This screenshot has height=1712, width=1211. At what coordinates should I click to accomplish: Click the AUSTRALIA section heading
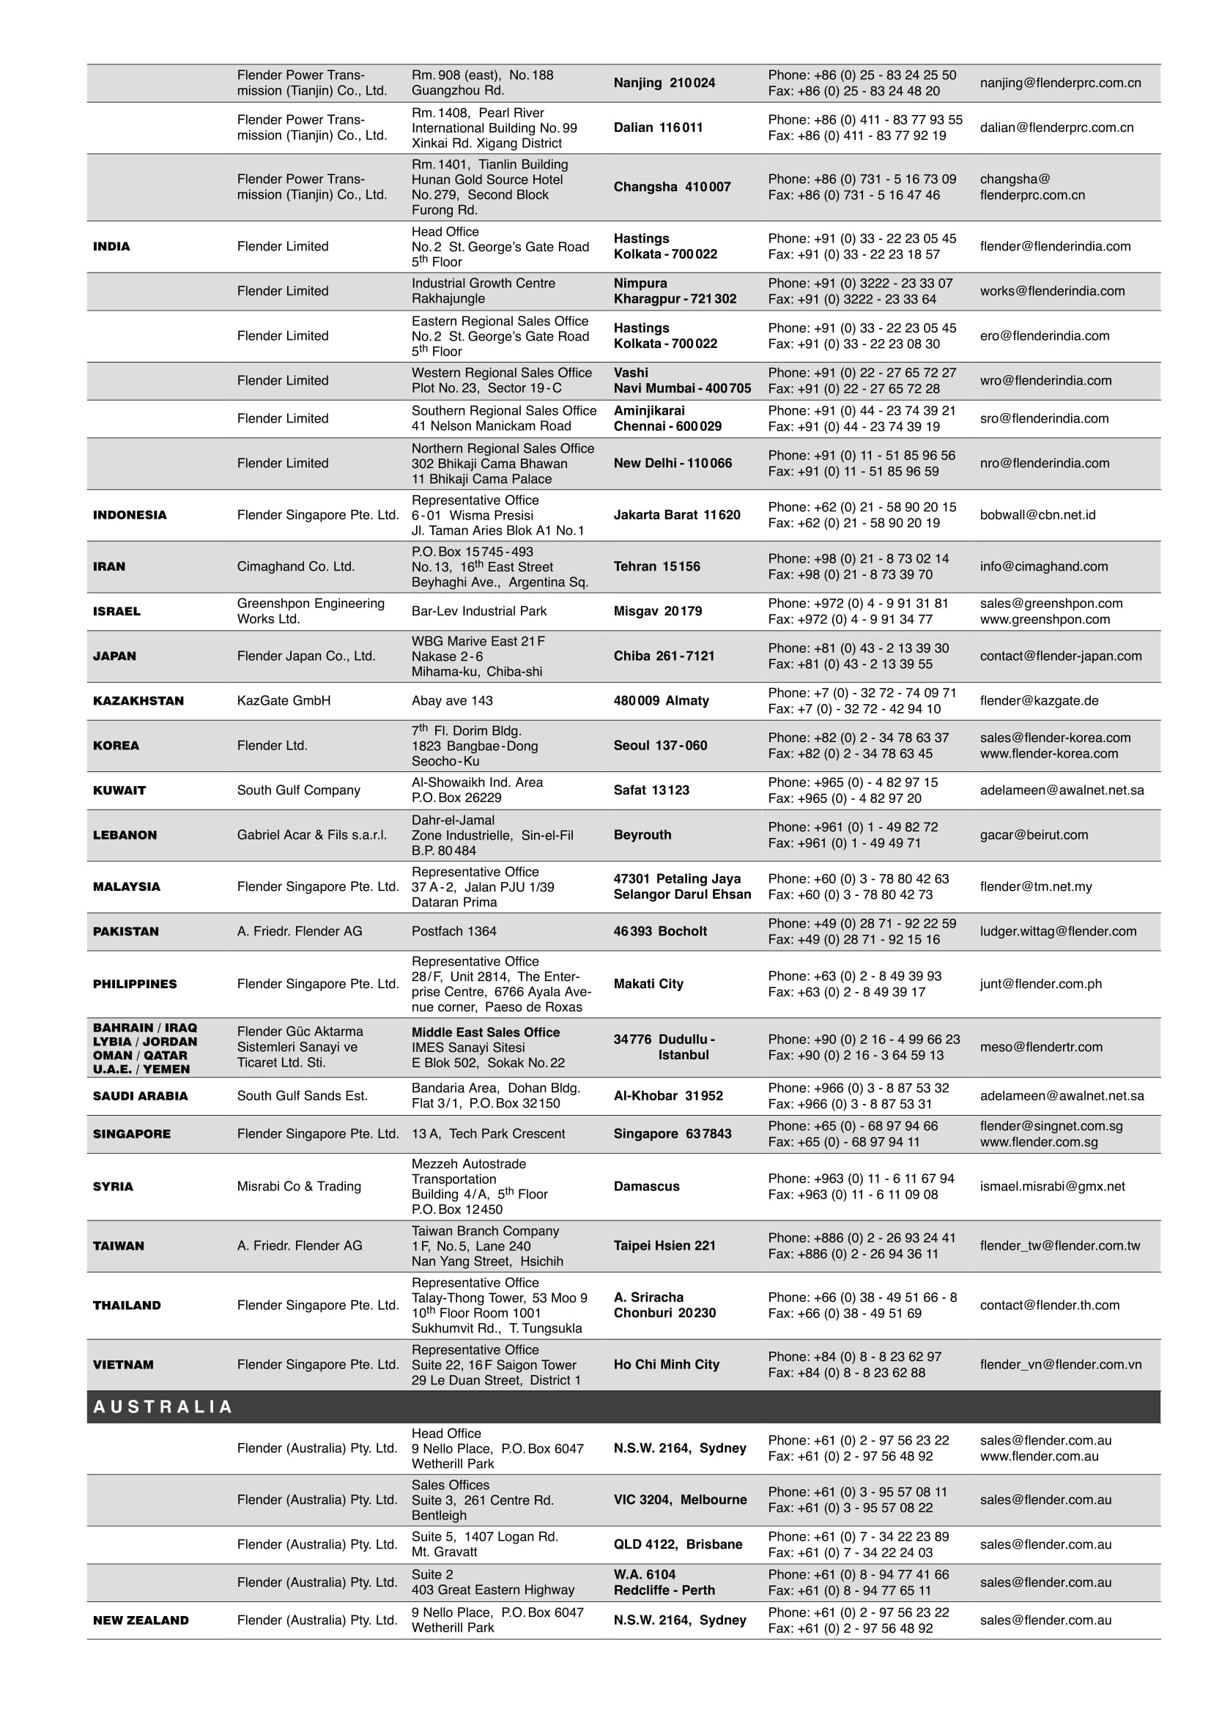pos(163,1407)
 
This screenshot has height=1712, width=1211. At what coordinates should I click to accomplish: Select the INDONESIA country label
pos(130,515)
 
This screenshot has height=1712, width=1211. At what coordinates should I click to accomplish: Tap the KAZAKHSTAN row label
pos(138,701)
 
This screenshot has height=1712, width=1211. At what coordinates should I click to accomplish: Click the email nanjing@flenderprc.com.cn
pos(1059,83)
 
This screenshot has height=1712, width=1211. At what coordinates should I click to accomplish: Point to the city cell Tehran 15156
pos(656,567)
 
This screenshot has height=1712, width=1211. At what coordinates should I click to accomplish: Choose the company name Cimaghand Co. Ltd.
pos(295,567)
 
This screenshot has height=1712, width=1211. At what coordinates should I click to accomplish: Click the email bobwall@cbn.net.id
pos(1037,515)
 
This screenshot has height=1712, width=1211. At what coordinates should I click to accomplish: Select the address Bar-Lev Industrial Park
pos(478,612)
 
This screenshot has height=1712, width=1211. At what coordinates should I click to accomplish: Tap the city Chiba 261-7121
pos(664,656)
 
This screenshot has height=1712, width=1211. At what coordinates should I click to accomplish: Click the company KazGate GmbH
pos(284,701)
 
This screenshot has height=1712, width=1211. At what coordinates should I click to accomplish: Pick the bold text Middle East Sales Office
pos(486,1032)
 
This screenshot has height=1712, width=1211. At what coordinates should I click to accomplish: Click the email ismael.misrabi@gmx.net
pos(1052,1186)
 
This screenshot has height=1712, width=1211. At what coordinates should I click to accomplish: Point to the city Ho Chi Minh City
pos(666,1365)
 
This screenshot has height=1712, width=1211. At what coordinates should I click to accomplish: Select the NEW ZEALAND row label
pos(141,1620)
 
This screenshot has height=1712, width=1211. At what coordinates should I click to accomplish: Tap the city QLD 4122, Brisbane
pos(678,1544)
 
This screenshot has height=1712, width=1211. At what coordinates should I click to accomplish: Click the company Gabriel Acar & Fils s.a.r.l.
pos(311,835)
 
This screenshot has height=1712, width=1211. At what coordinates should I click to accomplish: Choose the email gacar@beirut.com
pos(1034,835)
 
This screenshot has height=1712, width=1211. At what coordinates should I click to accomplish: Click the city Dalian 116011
pos(658,127)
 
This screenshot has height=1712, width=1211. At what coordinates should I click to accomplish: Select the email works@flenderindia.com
pos(1052,291)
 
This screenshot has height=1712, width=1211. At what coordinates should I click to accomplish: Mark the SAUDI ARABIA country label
pos(140,1096)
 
